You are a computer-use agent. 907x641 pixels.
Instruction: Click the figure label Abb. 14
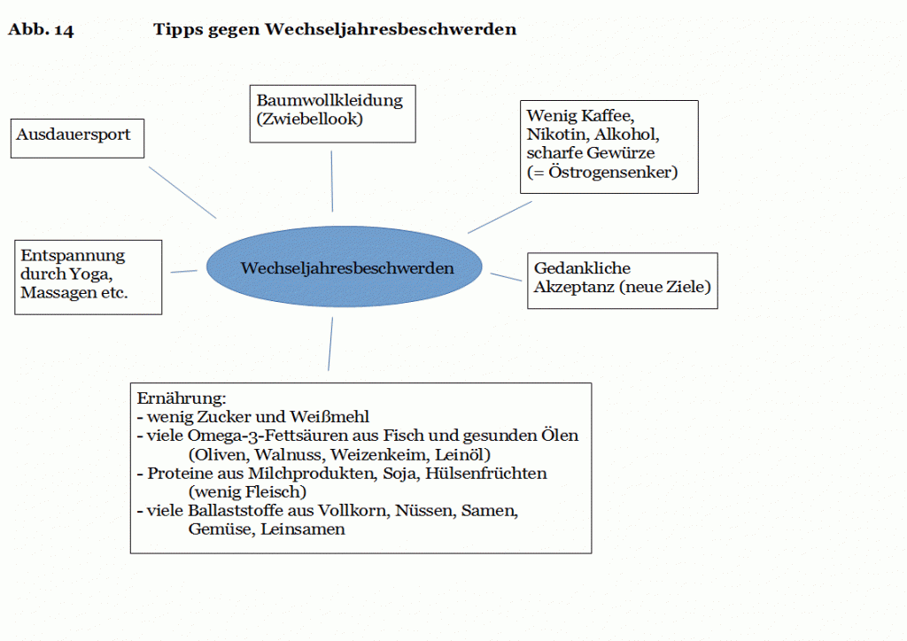[x=41, y=29]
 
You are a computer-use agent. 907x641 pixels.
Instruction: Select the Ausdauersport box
[x=78, y=139]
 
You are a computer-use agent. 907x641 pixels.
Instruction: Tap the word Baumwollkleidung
[x=329, y=101]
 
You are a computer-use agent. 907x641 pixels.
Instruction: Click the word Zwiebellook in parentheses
[x=309, y=119]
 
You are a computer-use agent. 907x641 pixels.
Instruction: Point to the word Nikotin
[x=558, y=135]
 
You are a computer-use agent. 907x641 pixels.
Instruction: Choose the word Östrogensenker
[x=610, y=173]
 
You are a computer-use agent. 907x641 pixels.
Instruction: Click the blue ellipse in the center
[x=345, y=267]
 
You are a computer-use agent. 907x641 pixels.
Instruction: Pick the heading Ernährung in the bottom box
[x=181, y=398]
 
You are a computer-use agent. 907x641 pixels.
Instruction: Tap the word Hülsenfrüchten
[x=486, y=474]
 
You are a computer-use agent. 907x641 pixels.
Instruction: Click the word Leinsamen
[x=303, y=529]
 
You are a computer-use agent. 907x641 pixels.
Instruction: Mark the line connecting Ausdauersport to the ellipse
[x=182, y=192]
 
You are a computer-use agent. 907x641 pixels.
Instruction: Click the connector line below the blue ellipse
[x=330, y=344]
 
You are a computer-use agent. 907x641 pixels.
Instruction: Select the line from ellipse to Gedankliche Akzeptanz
[x=506, y=277]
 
